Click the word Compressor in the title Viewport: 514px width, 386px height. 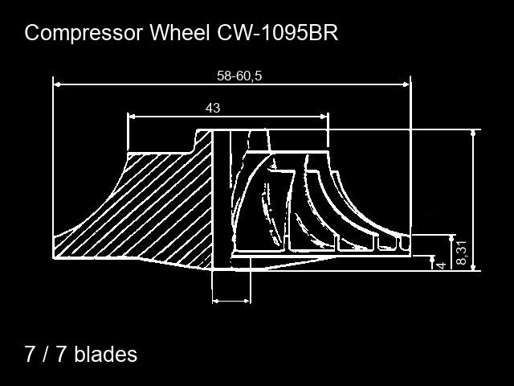click(84, 34)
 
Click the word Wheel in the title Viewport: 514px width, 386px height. click(180, 32)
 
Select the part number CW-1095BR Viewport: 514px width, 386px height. click(277, 32)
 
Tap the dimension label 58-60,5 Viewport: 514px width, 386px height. click(239, 76)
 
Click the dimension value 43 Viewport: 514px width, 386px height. click(213, 108)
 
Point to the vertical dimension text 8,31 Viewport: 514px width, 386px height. click(461, 253)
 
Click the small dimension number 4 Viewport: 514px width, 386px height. click(442, 265)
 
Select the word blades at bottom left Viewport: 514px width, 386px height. click(105, 354)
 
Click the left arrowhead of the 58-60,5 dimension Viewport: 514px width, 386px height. click(57, 84)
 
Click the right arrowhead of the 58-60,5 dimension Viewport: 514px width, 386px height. click(406, 84)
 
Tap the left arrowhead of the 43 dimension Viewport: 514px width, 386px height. click(131, 117)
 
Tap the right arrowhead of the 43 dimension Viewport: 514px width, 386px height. click(324, 117)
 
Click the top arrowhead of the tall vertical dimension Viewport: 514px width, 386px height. click(473, 133)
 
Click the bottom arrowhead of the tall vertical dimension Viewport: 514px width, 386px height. click(473, 268)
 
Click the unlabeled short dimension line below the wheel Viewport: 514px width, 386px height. click(231, 301)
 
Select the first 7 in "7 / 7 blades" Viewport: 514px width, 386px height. click(30, 354)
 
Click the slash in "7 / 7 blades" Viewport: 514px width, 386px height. click(45, 354)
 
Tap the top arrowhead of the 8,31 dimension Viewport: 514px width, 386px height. click(452, 238)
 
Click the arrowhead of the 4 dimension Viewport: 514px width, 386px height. click(432, 259)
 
